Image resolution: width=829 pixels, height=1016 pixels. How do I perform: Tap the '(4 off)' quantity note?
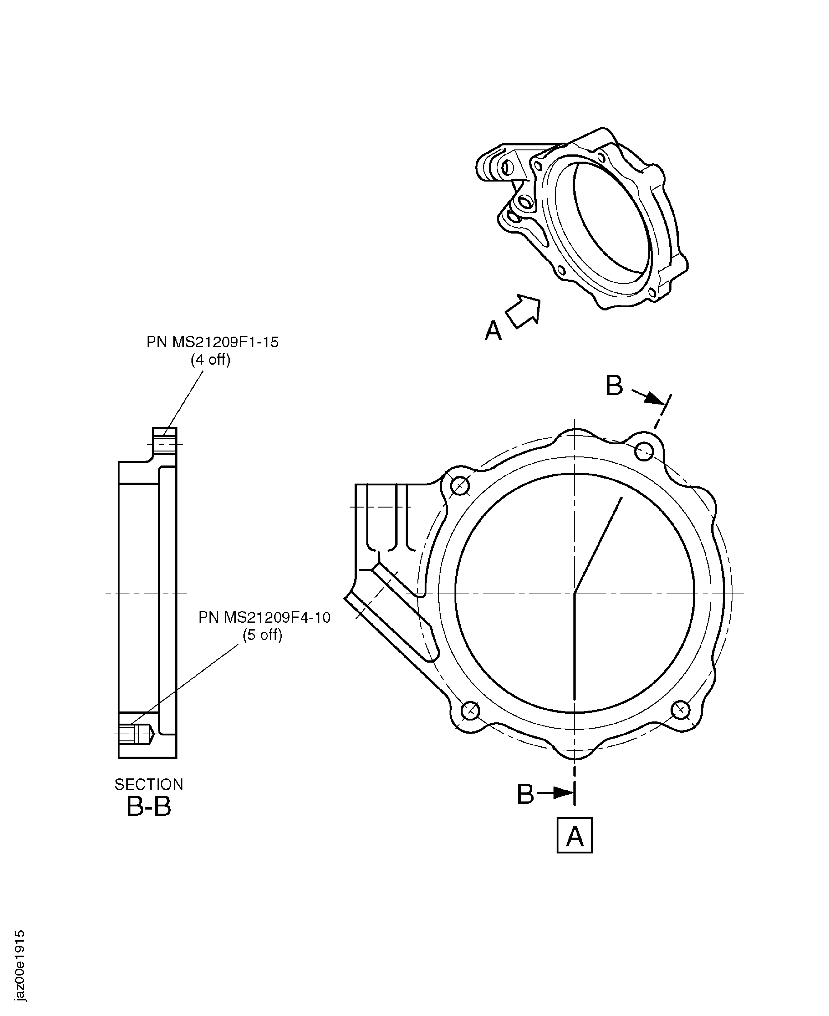point(210,359)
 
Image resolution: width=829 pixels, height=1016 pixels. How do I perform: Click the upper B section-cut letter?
point(614,386)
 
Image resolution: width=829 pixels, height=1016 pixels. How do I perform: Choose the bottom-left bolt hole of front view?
point(471,710)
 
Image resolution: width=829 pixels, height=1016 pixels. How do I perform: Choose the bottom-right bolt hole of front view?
point(680,710)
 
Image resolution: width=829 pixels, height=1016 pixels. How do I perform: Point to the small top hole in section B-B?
point(165,444)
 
